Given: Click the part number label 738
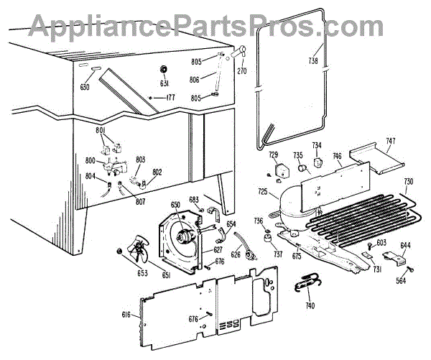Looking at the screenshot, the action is point(313,60).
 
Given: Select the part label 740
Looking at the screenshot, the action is point(310,306).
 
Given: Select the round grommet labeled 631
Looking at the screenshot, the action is point(162,70).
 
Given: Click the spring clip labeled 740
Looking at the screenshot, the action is point(307,285).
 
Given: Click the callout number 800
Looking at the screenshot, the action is point(91,161).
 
